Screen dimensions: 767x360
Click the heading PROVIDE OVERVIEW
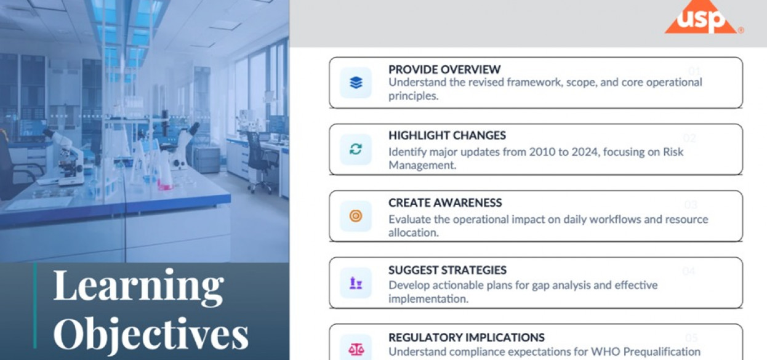(x=444, y=70)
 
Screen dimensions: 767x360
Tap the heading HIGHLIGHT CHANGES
(x=447, y=135)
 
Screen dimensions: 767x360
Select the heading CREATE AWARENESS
(x=445, y=202)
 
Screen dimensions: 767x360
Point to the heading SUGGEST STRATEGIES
(x=447, y=270)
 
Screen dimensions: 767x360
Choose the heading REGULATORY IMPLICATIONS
(x=467, y=337)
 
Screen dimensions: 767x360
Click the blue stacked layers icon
(x=356, y=82)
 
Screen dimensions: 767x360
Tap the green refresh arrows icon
(x=356, y=149)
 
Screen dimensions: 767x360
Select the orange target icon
(x=356, y=216)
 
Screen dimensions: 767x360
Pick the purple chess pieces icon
(x=356, y=283)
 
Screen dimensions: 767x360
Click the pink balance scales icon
(x=356, y=350)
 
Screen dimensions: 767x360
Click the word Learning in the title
(x=139, y=286)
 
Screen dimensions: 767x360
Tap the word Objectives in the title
(x=151, y=334)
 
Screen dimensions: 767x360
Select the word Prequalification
(x=662, y=352)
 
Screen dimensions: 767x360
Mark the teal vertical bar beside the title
(x=35, y=306)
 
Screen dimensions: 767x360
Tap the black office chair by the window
(x=263, y=161)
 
